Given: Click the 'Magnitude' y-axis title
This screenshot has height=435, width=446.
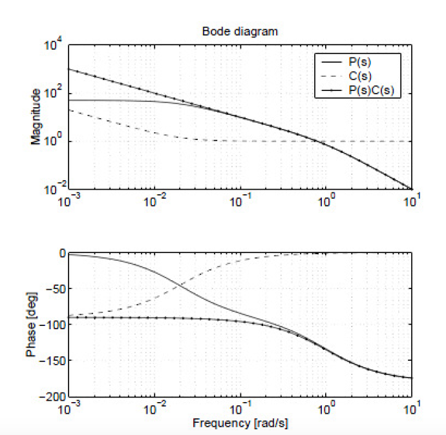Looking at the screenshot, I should point(36,117).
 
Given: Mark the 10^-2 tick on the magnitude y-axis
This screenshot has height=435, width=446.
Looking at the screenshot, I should point(54,189).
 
